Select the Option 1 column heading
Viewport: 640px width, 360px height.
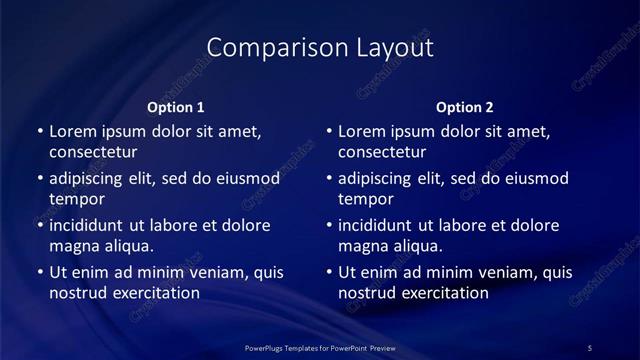(x=176, y=107)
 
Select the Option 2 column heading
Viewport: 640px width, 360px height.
(x=465, y=107)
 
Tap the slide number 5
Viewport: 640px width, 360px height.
(x=590, y=348)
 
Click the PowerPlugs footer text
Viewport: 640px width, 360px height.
(x=320, y=348)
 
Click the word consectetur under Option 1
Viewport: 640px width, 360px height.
(x=93, y=152)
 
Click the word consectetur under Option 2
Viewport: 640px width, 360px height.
(x=382, y=152)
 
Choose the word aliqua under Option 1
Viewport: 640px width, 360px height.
(x=126, y=246)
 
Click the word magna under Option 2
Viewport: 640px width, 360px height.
(x=362, y=246)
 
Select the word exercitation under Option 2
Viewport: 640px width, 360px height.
(x=443, y=293)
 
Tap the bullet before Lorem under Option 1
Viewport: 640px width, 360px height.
(x=39, y=132)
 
